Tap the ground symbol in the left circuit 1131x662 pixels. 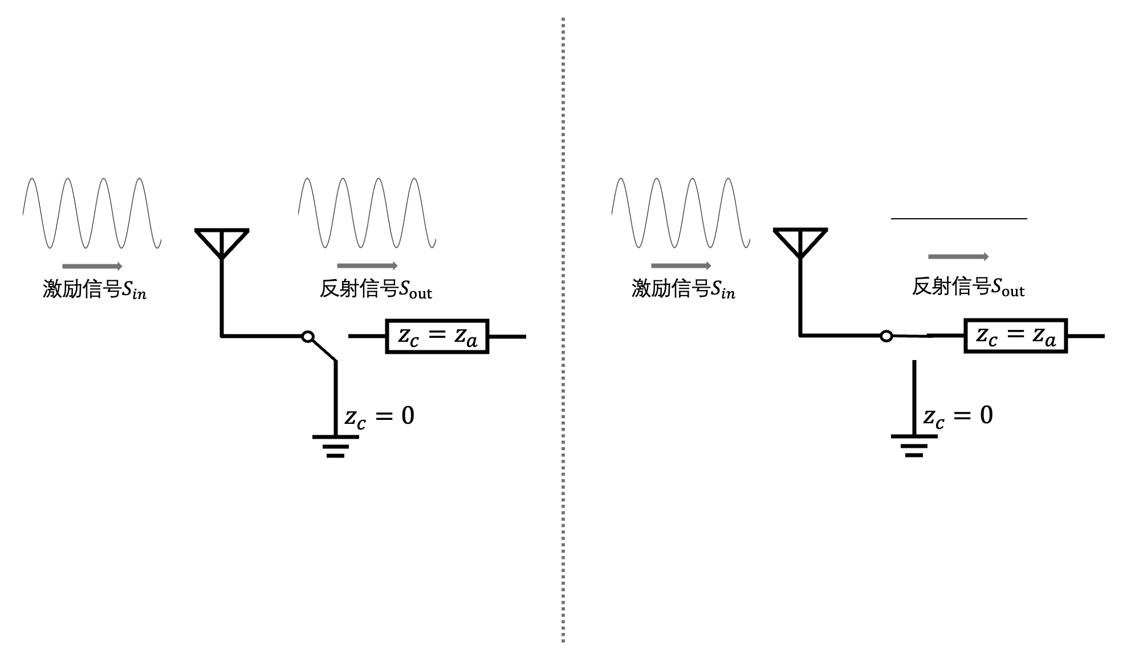(336, 446)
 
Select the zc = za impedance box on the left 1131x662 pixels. (437, 336)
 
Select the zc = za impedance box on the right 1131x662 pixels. (1015, 336)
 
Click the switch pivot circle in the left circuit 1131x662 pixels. (308, 337)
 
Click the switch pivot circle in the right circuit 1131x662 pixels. (886, 336)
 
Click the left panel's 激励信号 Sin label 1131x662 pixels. (95, 289)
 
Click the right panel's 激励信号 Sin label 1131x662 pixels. (684, 289)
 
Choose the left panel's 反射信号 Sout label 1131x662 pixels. (376, 289)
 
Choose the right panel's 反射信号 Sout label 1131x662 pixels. (968, 287)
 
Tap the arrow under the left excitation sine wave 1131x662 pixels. (92, 266)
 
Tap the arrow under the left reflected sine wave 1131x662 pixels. (367, 265)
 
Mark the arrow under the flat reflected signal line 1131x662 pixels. (958, 257)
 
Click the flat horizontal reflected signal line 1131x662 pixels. (959, 218)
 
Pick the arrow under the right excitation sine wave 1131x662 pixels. (681, 265)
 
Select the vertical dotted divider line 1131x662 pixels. (563, 330)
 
